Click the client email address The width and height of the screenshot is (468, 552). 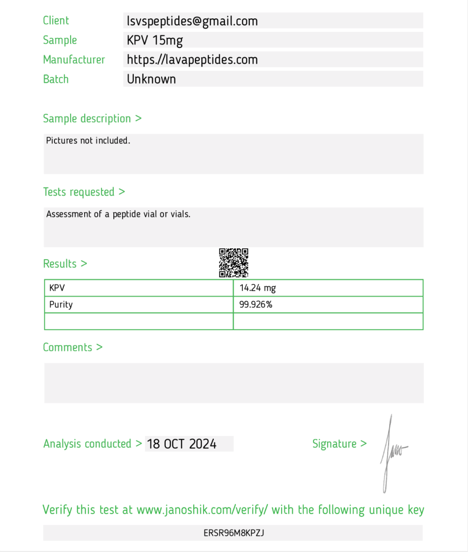click(x=192, y=21)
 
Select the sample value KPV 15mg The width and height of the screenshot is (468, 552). click(x=155, y=40)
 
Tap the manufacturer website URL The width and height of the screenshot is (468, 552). click(x=192, y=60)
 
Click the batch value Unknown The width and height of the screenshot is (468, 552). click(x=151, y=79)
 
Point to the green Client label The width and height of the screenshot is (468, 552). click(x=56, y=21)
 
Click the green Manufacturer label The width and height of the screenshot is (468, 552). click(x=74, y=60)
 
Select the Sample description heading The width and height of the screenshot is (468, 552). click(x=92, y=119)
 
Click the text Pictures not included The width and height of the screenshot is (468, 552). click(x=88, y=141)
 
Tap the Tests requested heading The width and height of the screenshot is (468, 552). click(x=84, y=192)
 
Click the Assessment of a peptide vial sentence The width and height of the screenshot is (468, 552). click(x=118, y=214)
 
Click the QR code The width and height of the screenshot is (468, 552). click(x=233, y=263)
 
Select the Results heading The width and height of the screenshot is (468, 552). click(x=65, y=264)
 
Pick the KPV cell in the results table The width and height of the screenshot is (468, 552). click(x=57, y=288)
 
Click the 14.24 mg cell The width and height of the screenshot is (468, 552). click(x=257, y=288)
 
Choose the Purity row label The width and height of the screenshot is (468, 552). click(x=61, y=305)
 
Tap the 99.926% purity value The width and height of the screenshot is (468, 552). click(x=256, y=305)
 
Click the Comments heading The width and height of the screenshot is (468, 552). click(x=72, y=347)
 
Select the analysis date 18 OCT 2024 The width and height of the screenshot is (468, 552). click(x=182, y=444)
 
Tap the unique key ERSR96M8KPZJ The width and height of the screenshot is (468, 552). click(x=233, y=533)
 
